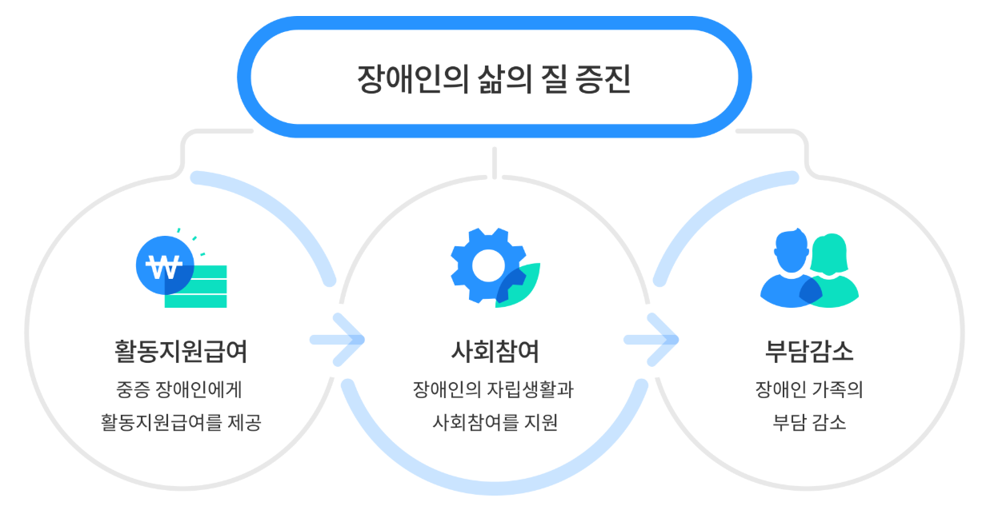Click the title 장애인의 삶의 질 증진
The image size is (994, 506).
click(494, 79)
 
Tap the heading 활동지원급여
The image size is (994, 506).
click(181, 351)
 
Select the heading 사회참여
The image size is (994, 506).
click(495, 351)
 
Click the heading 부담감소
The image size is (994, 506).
click(809, 351)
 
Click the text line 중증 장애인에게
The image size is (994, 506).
click(180, 391)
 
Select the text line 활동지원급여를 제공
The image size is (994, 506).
click(181, 421)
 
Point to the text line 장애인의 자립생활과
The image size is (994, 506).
click(494, 391)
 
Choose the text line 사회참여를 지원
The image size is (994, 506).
click(495, 421)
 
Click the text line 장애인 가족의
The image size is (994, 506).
click(809, 391)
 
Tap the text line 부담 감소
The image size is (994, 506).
click(809, 421)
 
